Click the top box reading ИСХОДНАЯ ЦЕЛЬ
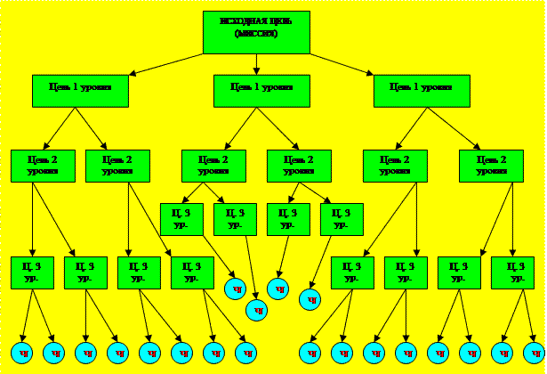pos(256,32)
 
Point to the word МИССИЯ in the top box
pos(256,34)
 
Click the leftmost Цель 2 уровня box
pos(43,166)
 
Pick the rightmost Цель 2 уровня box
pos(491,166)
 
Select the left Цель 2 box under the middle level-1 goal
pos(213,166)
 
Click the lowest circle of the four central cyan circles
pos(256,311)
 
